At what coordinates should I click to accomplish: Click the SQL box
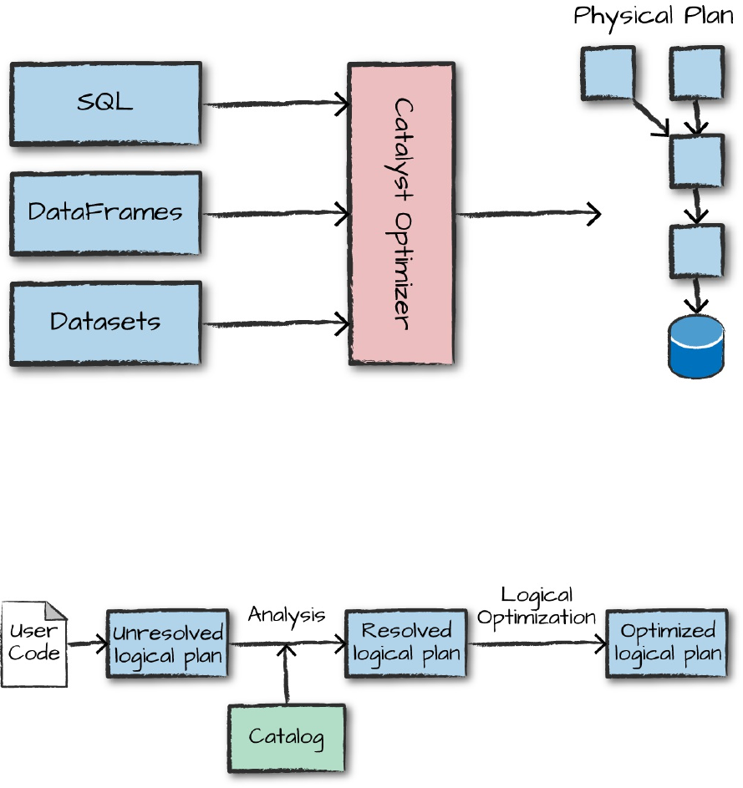pos(105,104)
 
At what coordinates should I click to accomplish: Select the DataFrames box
pos(105,213)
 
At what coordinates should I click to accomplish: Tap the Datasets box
pos(105,323)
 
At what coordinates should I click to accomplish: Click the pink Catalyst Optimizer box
pos(401,214)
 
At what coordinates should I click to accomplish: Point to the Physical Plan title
pos(653,16)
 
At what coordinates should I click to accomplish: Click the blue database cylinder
pos(696,347)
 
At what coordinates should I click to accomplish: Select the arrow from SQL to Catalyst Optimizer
pos(276,104)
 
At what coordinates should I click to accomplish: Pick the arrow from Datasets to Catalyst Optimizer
pos(276,323)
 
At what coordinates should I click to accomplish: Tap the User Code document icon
pos(33,644)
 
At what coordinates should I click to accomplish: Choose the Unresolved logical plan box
pos(167,643)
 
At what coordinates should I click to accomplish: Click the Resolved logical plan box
pos(406,643)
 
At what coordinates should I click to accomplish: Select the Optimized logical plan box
pos(667,643)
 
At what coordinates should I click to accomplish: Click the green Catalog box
pos(286,737)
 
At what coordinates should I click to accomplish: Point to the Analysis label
pos(286,615)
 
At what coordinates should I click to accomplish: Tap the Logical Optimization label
pos(536,607)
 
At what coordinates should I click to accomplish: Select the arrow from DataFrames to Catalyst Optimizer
pos(276,214)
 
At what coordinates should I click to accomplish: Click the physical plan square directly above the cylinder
pos(696,251)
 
